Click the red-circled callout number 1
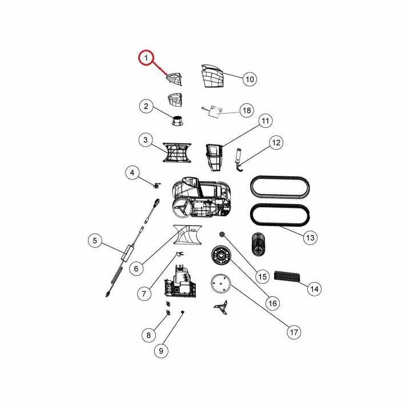click(x=146, y=58)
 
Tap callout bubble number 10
click(x=250, y=79)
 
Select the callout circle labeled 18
click(x=247, y=110)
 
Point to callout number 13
click(x=310, y=238)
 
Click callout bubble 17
click(x=294, y=332)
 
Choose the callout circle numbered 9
click(x=161, y=351)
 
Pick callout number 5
click(x=95, y=240)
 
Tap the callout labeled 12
click(x=276, y=143)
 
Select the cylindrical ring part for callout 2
click(x=177, y=120)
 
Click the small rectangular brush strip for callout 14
click(x=287, y=276)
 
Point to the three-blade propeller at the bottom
click(x=221, y=307)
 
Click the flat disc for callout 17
click(x=220, y=283)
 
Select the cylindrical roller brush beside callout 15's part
click(x=258, y=243)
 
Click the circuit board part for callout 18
click(x=215, y=111)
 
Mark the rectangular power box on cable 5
click(x=127, y=252)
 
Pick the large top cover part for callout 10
click(x=213, y=76)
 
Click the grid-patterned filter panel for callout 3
click(x=177, y=152)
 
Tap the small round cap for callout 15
click(x=222, y=234)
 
